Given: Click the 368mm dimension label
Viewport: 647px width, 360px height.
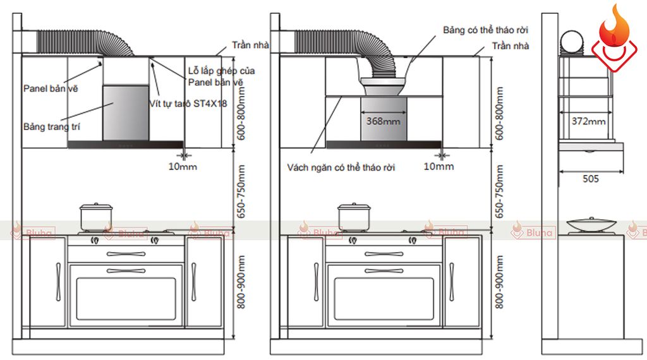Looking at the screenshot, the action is coord(383,121).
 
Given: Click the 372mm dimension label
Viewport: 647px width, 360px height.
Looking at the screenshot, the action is coord(588,121).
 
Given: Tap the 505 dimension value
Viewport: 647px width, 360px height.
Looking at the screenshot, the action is coord(591,179).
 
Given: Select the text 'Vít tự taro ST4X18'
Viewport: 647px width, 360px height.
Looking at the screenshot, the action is coord(188,104).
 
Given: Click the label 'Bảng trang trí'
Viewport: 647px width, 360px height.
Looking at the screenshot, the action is coord(52,126).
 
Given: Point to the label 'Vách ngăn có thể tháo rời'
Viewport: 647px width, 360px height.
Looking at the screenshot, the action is coord(341,167).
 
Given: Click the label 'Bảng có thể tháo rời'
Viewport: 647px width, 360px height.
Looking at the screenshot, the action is coord(485,30).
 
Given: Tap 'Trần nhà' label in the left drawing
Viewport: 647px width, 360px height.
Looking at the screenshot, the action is coord(250,45).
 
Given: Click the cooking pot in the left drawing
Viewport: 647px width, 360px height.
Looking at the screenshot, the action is coord(96,217).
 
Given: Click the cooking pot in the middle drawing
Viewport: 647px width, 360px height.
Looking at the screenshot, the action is coord(354,217).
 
